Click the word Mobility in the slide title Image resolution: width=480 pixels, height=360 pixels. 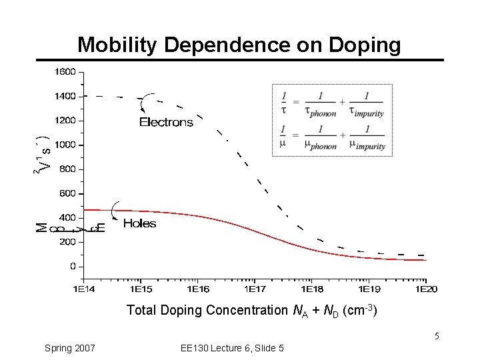[x=118, y=45]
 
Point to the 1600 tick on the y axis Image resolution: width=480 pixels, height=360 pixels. [x=65, y=71]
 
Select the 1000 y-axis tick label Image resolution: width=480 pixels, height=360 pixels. [x=65, y=145]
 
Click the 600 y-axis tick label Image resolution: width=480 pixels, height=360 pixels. [x=67, y=193]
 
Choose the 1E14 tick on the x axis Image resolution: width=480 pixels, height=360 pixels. [x=83, y=289]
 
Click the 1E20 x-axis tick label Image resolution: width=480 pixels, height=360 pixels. [x=426, y=289]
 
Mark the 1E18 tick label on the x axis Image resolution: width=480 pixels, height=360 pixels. [x=312, y=289]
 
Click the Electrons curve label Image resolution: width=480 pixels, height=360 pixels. [x=166, y=122]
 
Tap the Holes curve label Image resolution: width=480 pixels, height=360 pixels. [x=139, y=224]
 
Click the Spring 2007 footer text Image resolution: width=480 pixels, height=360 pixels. [x=69, y=348]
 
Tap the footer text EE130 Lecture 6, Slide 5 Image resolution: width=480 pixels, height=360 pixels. [x=232, y=348]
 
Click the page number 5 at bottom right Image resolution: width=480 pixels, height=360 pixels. [x=437, y=336]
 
